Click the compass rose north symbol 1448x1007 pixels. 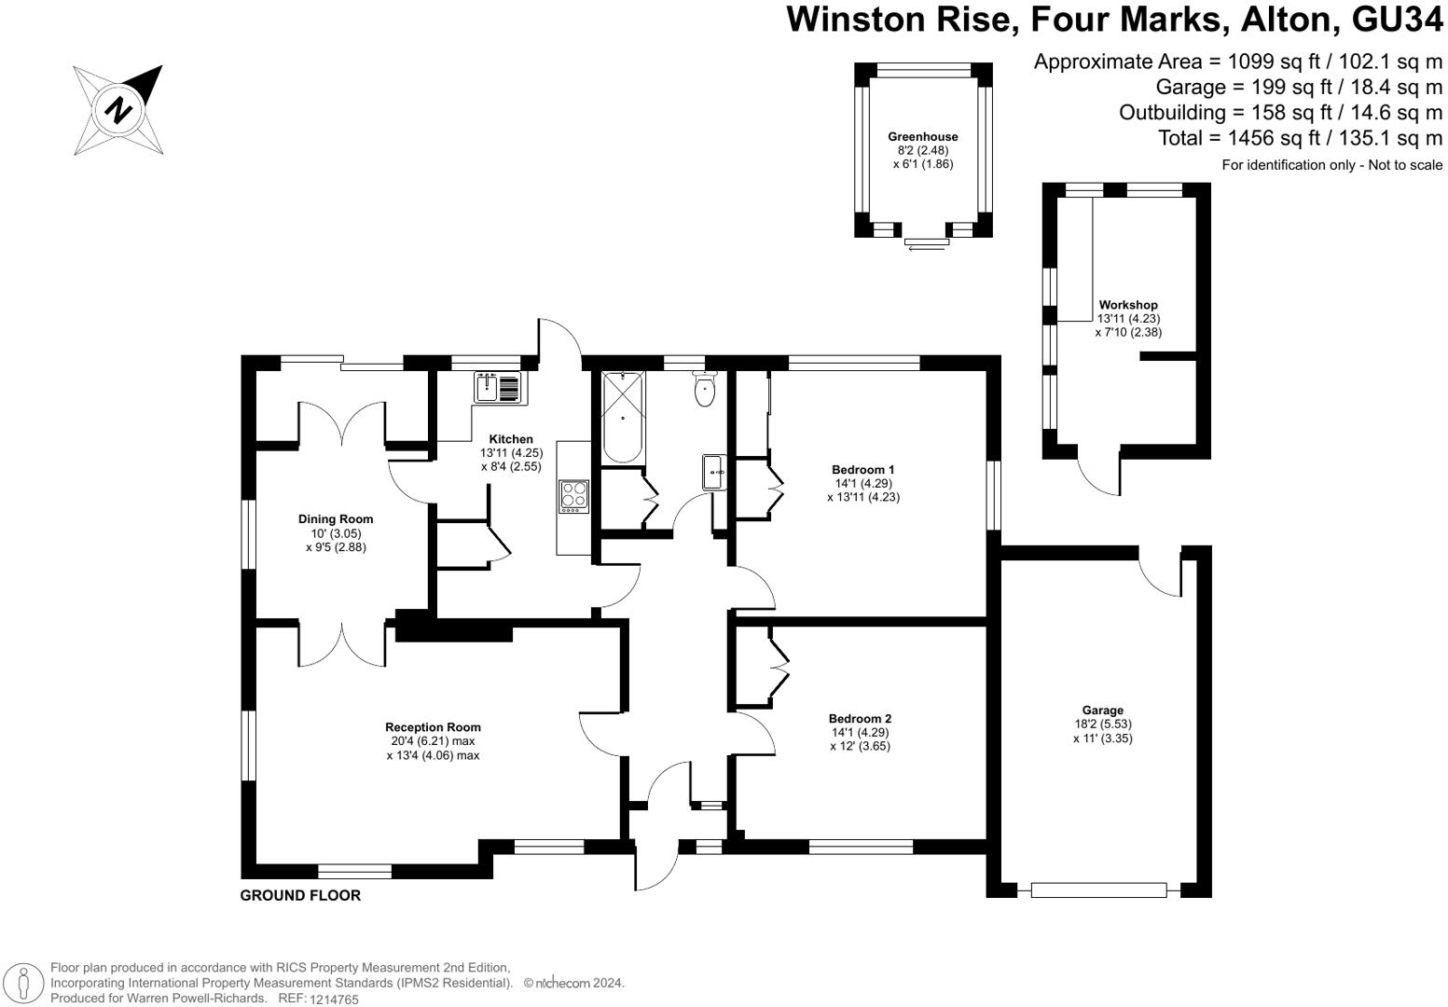119,110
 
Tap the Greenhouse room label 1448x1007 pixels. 922,137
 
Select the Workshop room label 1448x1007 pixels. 1127,305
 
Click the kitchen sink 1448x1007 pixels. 500,387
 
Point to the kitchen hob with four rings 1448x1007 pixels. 573,495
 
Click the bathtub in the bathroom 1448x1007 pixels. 622,417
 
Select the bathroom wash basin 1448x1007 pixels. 715,473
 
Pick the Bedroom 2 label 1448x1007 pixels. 860,719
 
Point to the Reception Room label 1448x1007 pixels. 433,727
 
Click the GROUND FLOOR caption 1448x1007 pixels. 300,896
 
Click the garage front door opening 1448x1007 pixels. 1098,890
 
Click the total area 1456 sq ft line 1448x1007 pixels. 1300,138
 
